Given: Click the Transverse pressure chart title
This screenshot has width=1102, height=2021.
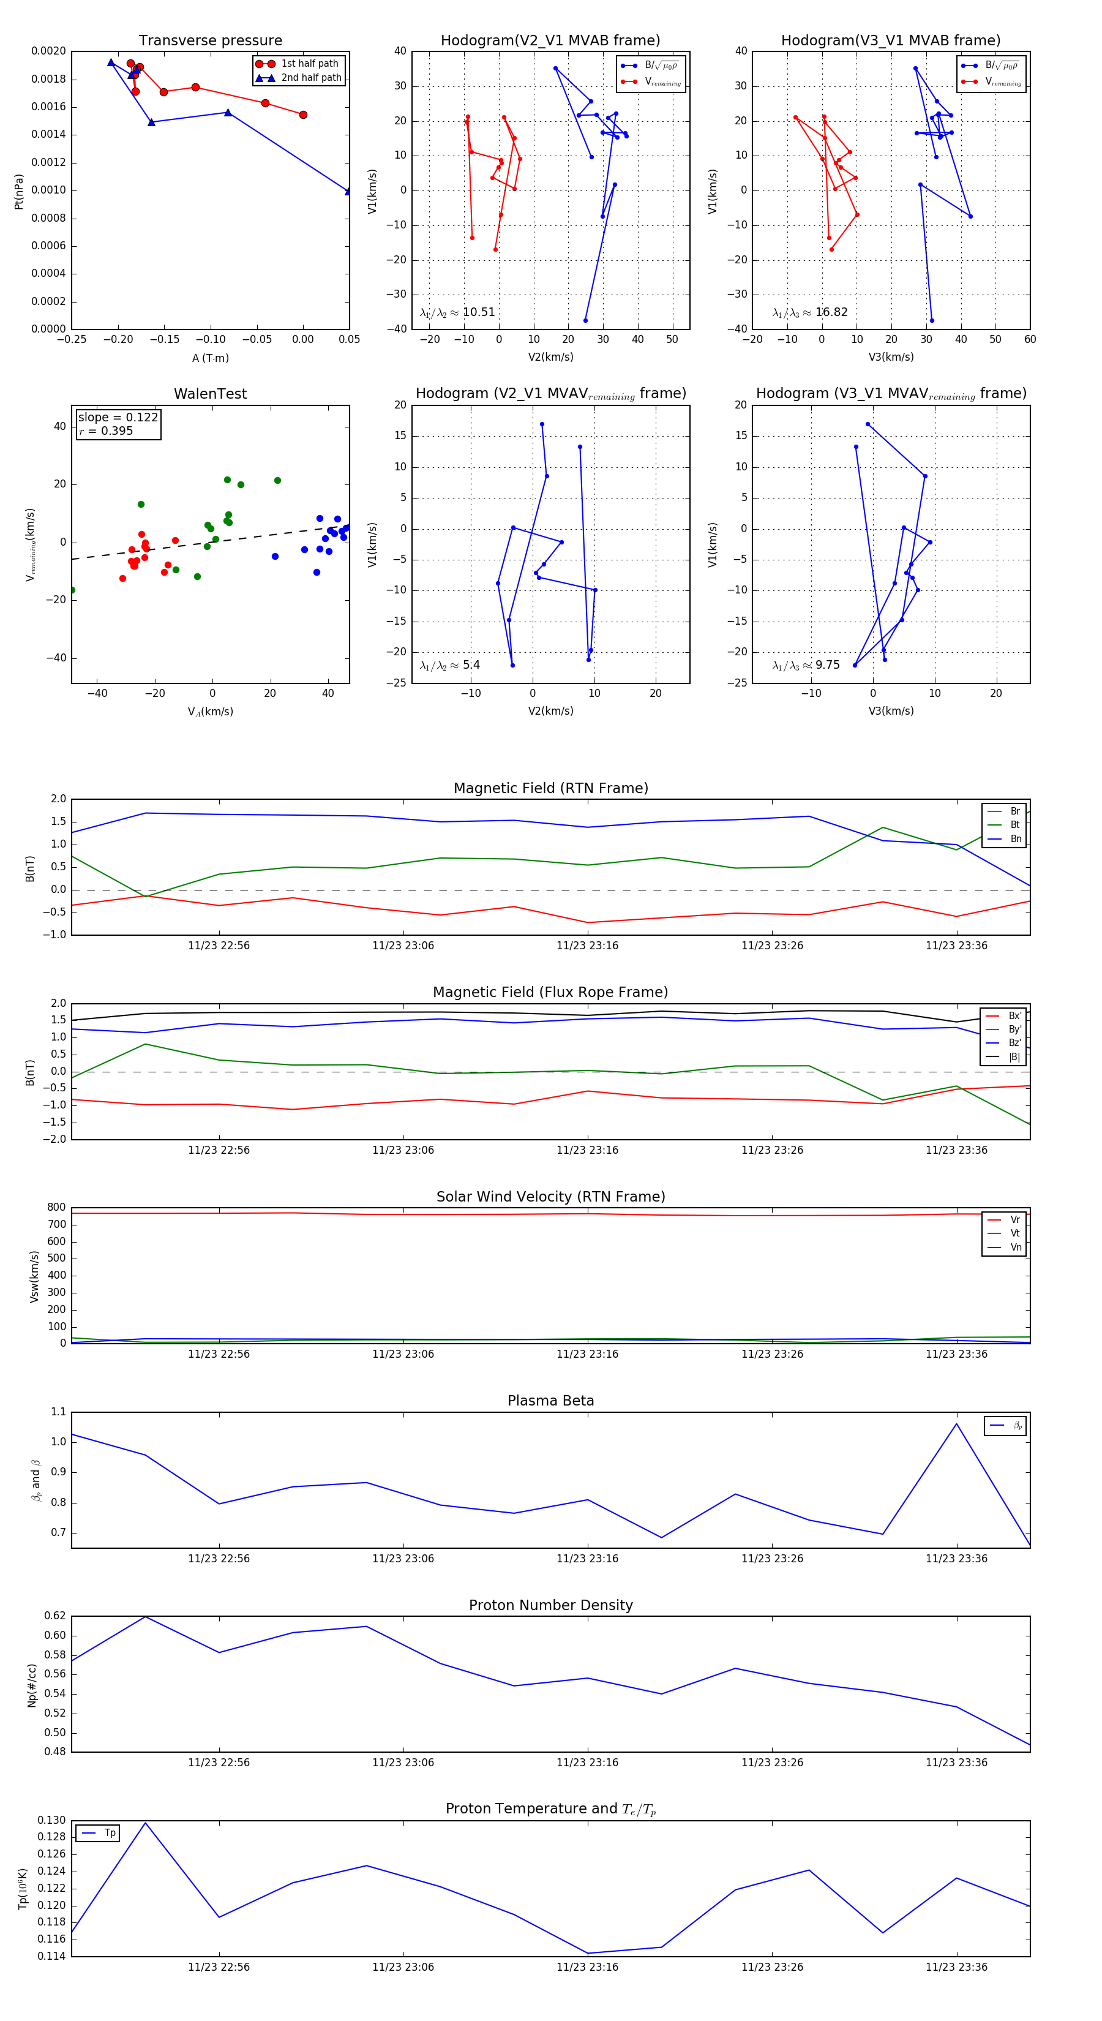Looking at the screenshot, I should click(210, 41).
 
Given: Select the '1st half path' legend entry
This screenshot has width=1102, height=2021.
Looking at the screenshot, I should click(309, 64).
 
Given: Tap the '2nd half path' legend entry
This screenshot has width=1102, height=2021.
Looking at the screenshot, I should click(310, 78).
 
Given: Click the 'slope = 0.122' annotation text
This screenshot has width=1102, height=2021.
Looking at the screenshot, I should click(118, 418).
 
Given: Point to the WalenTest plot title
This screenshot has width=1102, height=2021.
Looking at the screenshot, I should click(210, 394).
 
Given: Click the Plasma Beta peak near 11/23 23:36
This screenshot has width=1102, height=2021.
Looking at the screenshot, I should click(956, 1424).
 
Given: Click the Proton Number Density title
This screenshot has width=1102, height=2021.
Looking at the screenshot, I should click(550, 1605).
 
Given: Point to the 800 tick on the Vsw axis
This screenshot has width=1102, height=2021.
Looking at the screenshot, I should click(56, 1208).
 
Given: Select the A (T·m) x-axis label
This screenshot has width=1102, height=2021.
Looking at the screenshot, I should click(210, 358).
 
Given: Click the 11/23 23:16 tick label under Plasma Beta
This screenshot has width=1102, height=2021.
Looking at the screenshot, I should click(588, 1558).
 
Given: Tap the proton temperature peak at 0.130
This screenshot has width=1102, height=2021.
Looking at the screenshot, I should click(145, 1823).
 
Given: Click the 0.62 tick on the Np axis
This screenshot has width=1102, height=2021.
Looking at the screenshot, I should click(55, 1616).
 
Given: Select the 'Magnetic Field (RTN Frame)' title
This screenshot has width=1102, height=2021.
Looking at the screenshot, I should click(550, 788).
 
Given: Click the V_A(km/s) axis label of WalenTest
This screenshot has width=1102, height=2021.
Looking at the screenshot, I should click(210, 712).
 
